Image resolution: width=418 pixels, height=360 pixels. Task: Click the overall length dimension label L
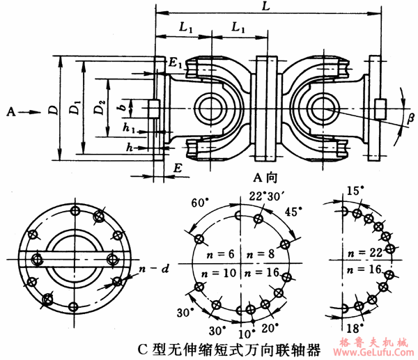(x=269, y=6)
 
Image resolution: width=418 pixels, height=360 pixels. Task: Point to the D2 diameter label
(x=100, y=110)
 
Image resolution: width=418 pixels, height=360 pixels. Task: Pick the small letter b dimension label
(x=123, y=108)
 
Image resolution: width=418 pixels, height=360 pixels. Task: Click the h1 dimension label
(x=127, y=128)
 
